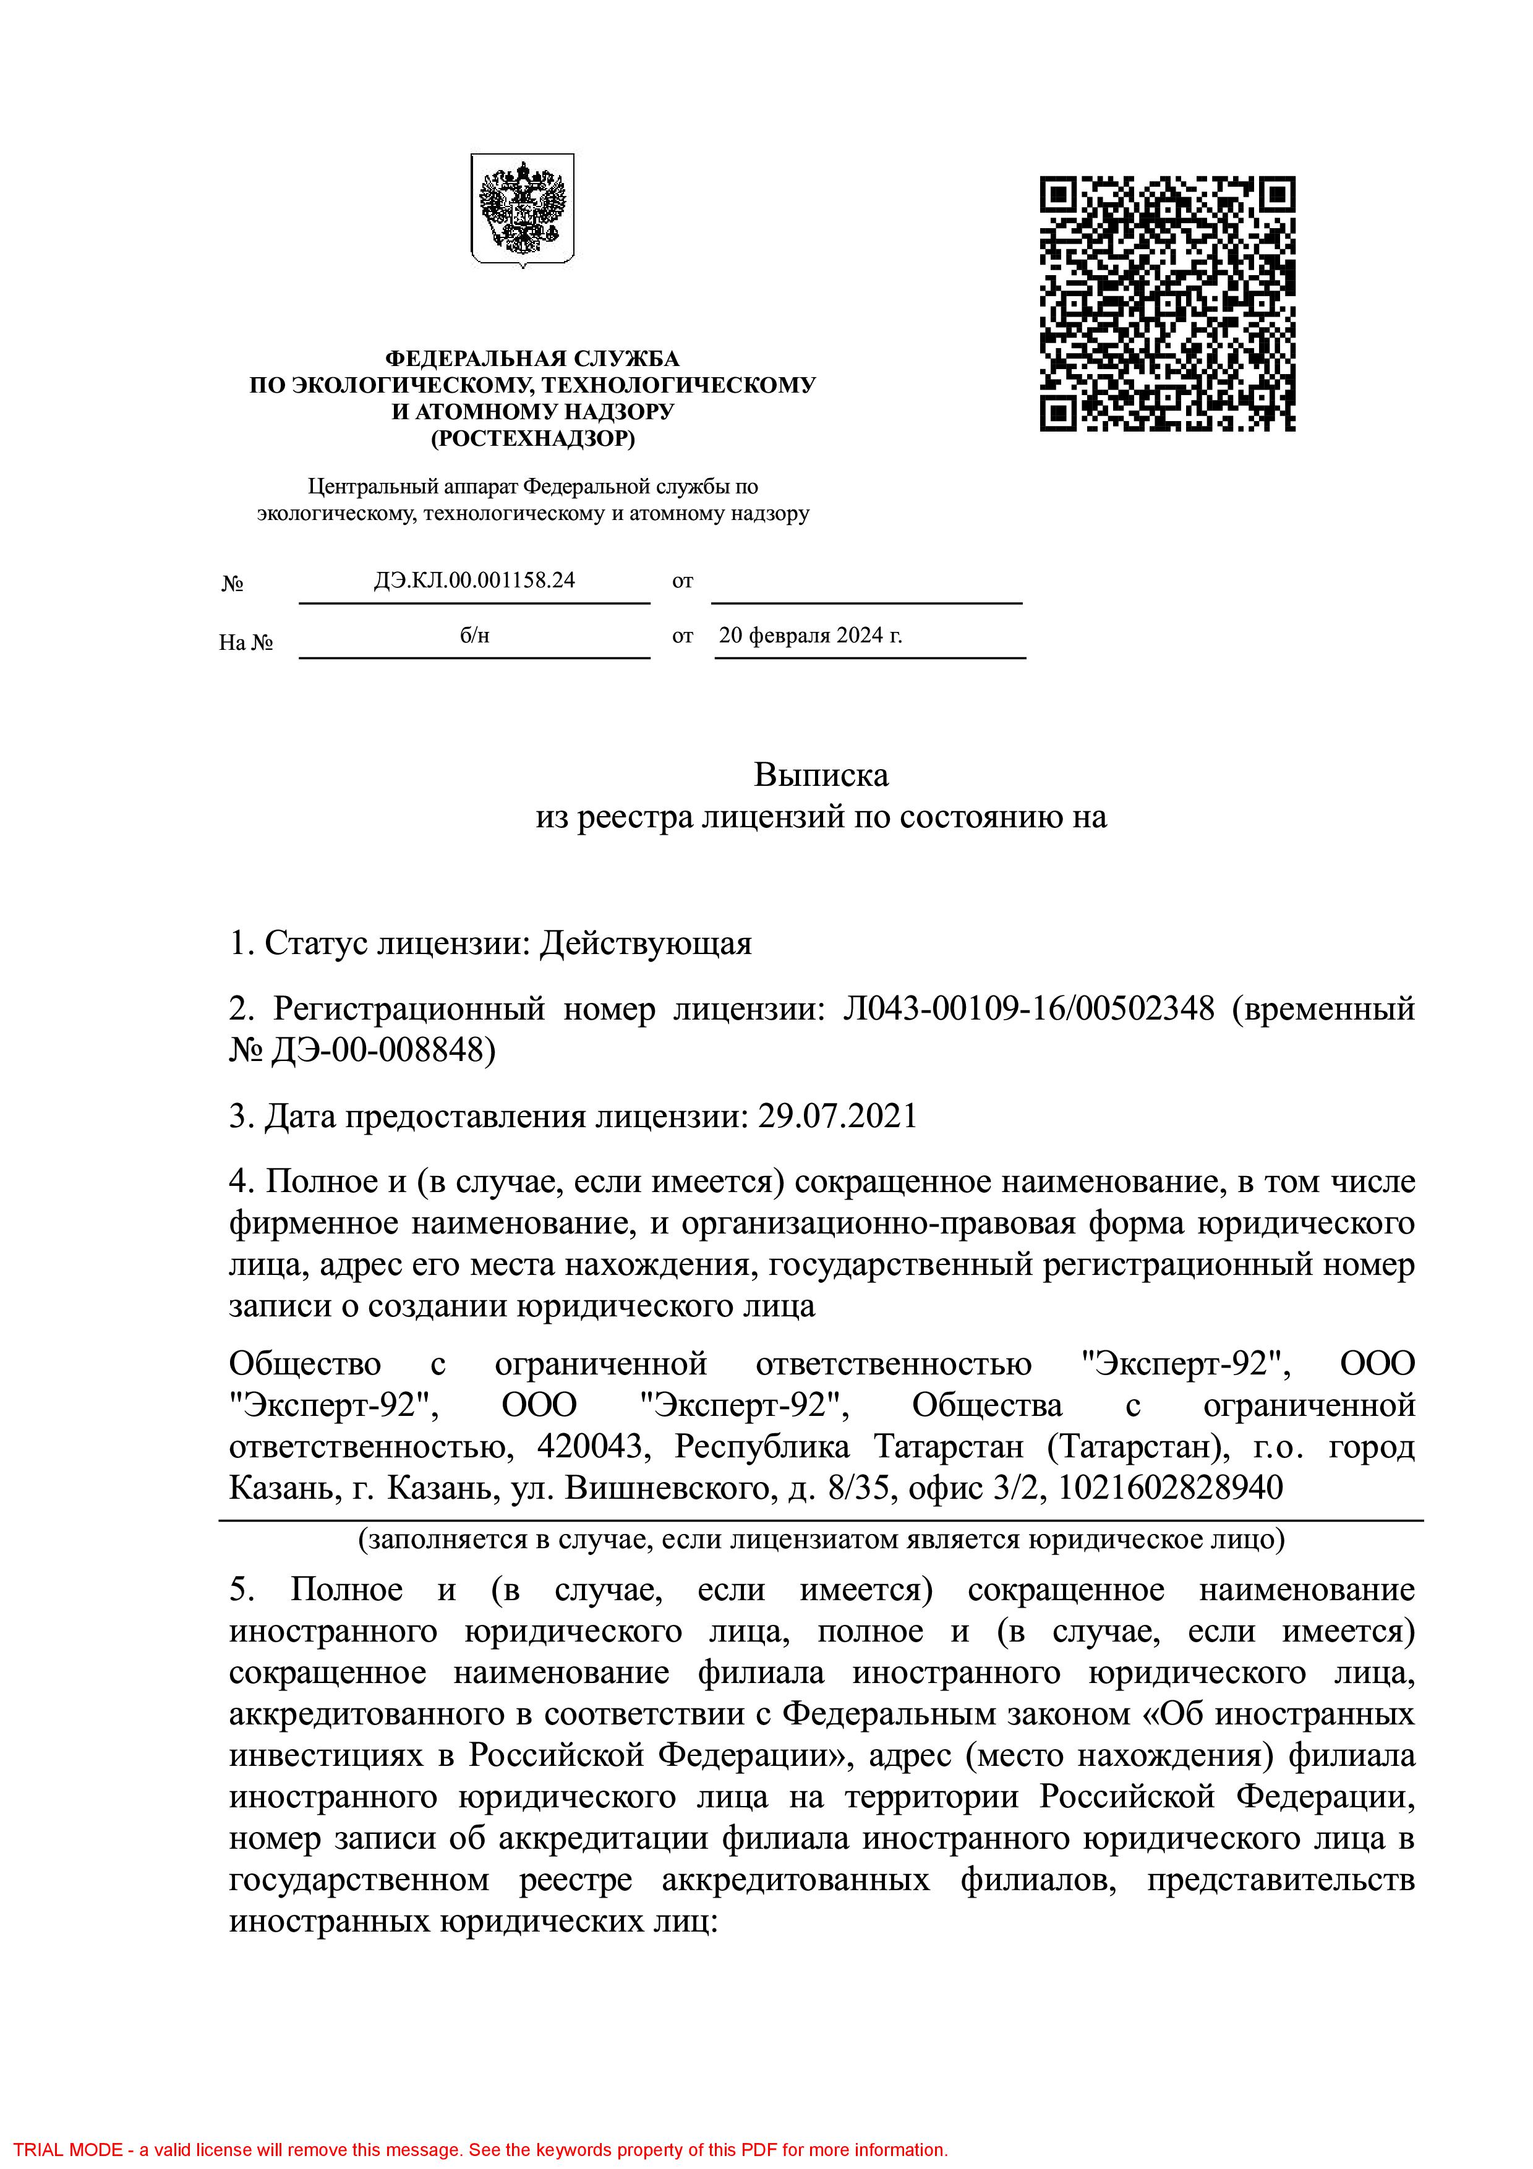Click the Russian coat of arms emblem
[523, 210]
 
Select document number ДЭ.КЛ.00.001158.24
[474, 580]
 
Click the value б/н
[474, 635]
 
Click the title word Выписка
[821, 775]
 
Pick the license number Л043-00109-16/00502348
[1028, 1009]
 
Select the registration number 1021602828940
[1170, 1488]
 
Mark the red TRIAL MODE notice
[480, 2150]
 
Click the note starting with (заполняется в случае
[821, 1539]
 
